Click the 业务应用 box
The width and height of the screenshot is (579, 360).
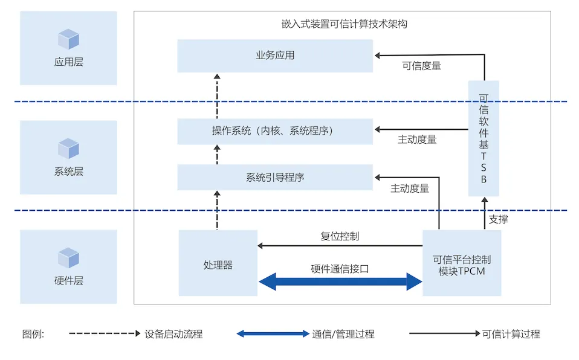(275, 56)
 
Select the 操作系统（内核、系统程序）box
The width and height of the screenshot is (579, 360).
(275, 131)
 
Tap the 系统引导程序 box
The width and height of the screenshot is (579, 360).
(275, 178)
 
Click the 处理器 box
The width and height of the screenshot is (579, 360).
(218, 263)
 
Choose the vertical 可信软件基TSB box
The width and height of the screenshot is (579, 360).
(484, 138)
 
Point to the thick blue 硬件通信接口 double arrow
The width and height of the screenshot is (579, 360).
(340, 281)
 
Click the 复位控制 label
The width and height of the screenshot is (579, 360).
(340, 236)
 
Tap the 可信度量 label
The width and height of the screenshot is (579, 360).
(421, 66)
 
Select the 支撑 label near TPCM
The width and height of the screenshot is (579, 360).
(498, 219)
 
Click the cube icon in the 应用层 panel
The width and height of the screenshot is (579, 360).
(68, 39)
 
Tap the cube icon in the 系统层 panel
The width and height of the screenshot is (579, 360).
(68, 149)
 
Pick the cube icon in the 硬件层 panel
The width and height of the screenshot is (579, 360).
(68, 258)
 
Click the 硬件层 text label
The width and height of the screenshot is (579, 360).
(68, 281)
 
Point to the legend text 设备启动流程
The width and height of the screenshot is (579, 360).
(174, 334)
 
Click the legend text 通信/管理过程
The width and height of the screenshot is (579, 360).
(343, 334)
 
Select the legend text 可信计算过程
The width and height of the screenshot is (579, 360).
(511, 334)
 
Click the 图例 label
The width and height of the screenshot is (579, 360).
(33, 334)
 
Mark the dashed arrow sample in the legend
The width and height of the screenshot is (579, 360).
(105, 333)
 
